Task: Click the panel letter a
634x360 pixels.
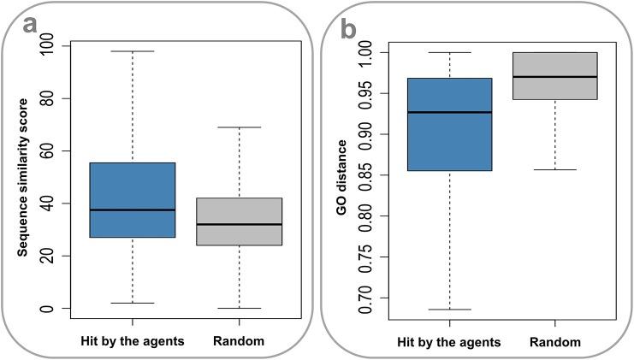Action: click(31, 25)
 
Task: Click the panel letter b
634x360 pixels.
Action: click(349, 28)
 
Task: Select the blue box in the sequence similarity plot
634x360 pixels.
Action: click(132, 199)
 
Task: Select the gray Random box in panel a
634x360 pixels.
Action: click(239, 221)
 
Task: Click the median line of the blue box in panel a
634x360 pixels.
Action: click(132, 210)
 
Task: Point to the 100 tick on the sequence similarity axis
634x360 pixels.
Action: click(46, 45)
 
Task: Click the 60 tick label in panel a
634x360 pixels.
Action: click(46, 150)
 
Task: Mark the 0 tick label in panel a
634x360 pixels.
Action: click(46, 308)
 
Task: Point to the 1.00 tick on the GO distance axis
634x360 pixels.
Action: click(366, 53)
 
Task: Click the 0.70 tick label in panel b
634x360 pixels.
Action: click(366, 298)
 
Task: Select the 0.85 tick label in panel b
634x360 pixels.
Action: click(366, 175)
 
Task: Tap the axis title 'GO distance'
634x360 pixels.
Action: click(342, 175)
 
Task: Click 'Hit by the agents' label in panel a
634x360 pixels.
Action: click(132, 341)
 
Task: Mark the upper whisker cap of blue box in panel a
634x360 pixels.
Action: click(132, 51)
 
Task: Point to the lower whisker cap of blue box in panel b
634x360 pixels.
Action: click(449, 310)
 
